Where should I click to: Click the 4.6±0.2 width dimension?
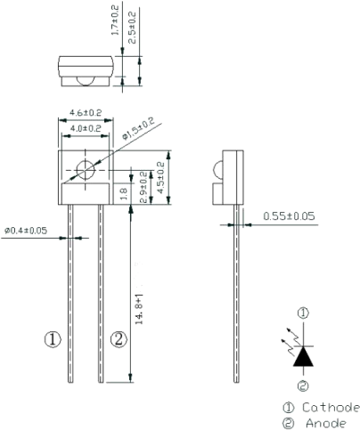[86, 113]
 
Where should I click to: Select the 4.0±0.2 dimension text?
[86, 128]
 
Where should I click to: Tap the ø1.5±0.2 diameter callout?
[139, 128]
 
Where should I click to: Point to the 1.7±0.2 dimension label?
[115, 20]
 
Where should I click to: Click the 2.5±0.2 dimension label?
[132, 28]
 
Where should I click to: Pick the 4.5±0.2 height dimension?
[160, 177]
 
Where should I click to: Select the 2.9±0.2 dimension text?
[143, 187]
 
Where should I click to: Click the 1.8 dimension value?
[124, 193]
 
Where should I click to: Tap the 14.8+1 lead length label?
[139, 309]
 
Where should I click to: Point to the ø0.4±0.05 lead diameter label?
[26, 231]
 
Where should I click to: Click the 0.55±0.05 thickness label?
[289, 216]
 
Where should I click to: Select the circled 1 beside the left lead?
[53, 339]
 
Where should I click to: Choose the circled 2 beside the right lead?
[119, 339]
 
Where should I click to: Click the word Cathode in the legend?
[331, 408]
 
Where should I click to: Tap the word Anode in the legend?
[326, 423]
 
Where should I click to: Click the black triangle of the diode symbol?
[303, 356]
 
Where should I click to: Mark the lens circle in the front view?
[86, 170]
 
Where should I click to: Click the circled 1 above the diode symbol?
[303, 313]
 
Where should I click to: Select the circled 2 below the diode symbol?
[303, 385]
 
